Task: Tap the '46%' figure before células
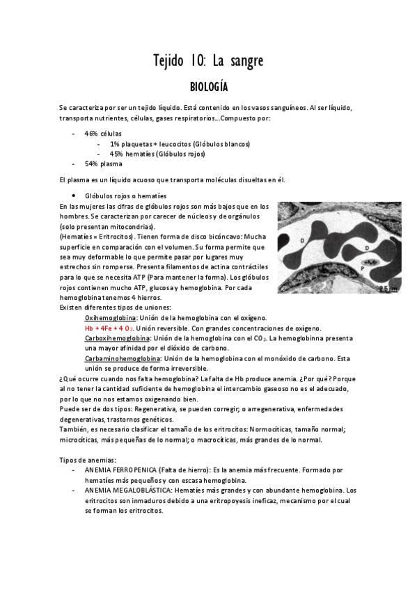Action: (x=91, y=133)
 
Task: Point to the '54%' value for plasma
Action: (x=91, y=164)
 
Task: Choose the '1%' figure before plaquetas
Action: (x=114, y=143)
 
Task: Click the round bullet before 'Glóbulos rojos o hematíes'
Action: (x=74, y=196)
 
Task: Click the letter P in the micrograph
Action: (x=363, y=267)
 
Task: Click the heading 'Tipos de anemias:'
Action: (x=88, y=460)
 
